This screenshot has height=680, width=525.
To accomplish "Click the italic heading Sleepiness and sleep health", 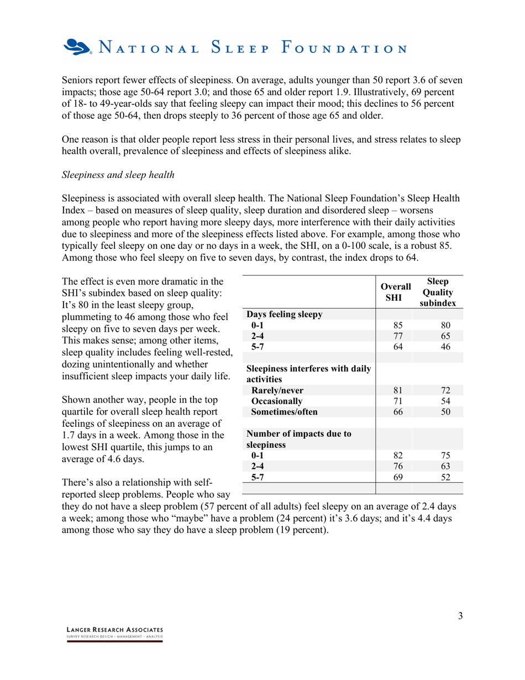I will click(118, 175).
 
